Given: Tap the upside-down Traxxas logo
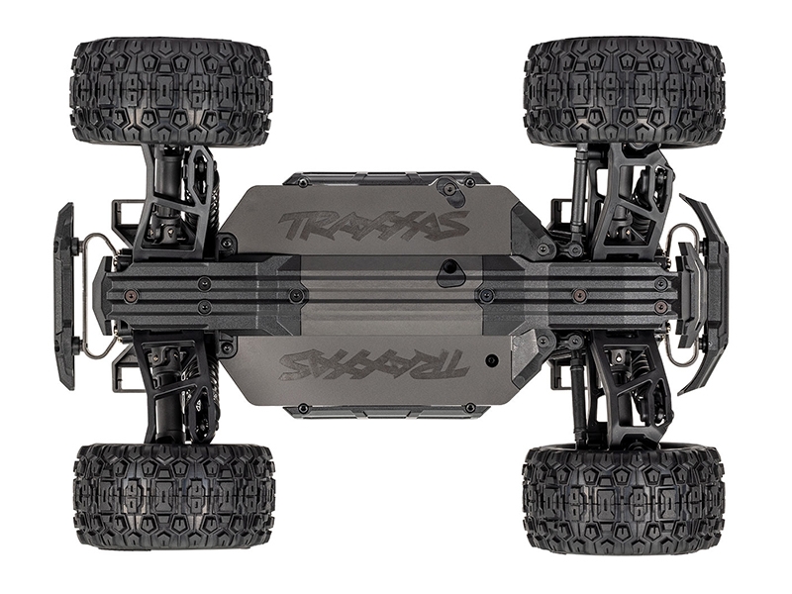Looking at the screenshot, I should (374, 363).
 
